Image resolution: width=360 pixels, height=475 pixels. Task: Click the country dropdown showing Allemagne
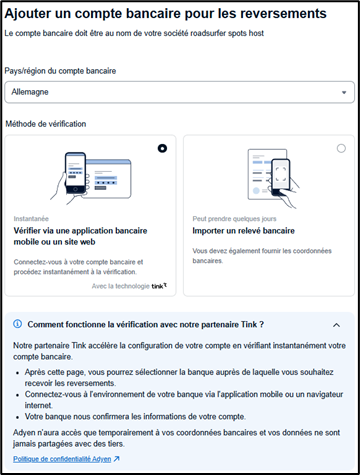(x=179, y=92)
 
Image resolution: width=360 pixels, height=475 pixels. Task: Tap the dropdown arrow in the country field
(x=344, y=93)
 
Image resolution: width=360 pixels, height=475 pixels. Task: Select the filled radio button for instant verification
(x=162, y=148)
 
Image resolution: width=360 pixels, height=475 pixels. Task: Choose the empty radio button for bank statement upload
(x=341, y=148)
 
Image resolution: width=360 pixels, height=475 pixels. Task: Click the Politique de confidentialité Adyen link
(x=62, y=459)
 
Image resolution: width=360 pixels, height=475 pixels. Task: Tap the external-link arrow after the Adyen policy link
(x=116, y=459)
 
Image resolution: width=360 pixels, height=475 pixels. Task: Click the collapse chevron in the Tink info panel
(x=337, y=325)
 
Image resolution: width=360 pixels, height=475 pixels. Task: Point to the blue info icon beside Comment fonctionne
(x=17, y=324)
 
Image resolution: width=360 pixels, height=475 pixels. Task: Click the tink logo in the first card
(x=159, y=286)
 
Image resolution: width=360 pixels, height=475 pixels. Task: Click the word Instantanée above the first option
(x=31, y=219)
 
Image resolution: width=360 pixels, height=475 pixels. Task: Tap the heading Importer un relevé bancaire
(x=243, y=231)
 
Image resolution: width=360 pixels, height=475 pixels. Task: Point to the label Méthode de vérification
(x=46, y=124)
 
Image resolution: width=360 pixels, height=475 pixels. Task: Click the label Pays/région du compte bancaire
(x=60, y=71)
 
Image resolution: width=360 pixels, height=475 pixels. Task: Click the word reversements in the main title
(x=283, y=14)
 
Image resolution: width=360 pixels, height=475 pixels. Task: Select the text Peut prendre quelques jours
(x=234, y=219)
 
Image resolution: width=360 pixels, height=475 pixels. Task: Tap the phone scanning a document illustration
(x=273, y=178)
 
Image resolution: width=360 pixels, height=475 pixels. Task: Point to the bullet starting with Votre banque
(x=135, y=417)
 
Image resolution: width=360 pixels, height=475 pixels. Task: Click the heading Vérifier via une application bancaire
(x=80, y=231)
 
